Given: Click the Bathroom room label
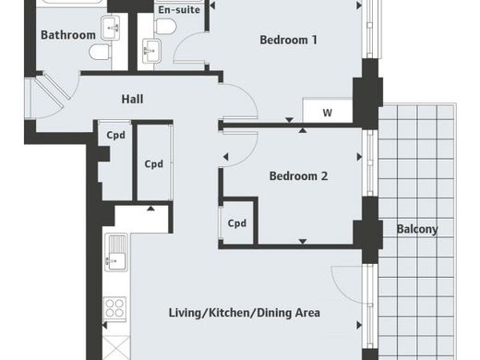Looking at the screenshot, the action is [68, 35].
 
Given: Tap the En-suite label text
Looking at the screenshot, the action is [179, 10].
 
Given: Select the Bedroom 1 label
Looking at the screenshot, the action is [288, 40].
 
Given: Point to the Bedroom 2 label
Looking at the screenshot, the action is [298, 176].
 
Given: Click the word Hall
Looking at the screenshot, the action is [132, 99].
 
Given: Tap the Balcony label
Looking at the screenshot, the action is [417, 229].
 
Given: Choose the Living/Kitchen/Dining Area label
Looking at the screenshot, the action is [245, 313].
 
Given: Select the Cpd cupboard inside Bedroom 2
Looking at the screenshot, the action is [237, 222].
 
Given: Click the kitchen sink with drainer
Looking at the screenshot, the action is [116, 252].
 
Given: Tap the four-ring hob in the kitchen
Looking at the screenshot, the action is [114, 308].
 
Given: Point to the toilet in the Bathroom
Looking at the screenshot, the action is [100, 52].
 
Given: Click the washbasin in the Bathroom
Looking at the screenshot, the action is [110, 28].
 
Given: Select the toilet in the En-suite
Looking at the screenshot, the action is [165, 26].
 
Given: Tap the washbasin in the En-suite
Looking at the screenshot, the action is [151, 51].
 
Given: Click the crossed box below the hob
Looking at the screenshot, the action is [116, 348].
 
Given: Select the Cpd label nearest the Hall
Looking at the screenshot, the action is [115, 135].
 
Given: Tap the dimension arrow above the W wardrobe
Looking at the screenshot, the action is [289, 120].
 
